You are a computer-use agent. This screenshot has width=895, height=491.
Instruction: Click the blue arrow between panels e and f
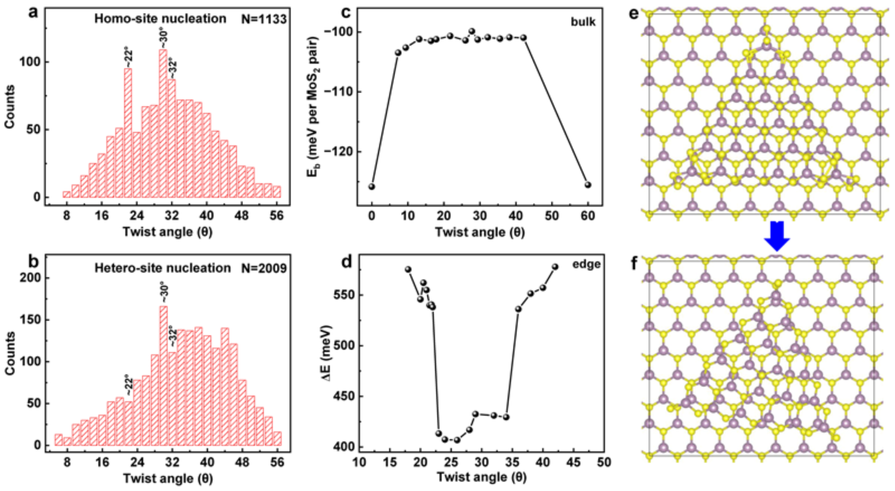(777, 235)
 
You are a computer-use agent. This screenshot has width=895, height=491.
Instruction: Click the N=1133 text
(264, 19)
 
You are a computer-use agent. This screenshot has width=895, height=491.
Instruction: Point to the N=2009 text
(264, 268)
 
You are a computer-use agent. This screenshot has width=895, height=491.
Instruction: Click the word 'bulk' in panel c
(583, 22)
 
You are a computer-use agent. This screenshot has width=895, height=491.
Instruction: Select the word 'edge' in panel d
(586, 264)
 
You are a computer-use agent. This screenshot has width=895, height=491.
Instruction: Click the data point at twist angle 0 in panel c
(372, 187)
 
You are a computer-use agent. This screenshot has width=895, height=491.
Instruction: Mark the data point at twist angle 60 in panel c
(588, 185)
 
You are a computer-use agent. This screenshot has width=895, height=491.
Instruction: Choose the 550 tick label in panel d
(343, 295)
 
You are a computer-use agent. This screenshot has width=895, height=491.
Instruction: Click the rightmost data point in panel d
(555, 267)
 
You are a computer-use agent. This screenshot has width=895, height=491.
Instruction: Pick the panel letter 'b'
(33, 262)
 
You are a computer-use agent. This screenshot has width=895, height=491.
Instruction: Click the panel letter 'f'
(634, 263)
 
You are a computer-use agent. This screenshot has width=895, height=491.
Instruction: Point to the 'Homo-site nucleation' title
(160, 19)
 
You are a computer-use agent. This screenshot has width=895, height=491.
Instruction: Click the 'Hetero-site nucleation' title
(162, 268)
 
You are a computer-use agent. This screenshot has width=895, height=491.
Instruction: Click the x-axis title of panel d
(481, 477)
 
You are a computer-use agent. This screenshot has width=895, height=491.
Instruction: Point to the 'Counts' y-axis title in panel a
(10, 107)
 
